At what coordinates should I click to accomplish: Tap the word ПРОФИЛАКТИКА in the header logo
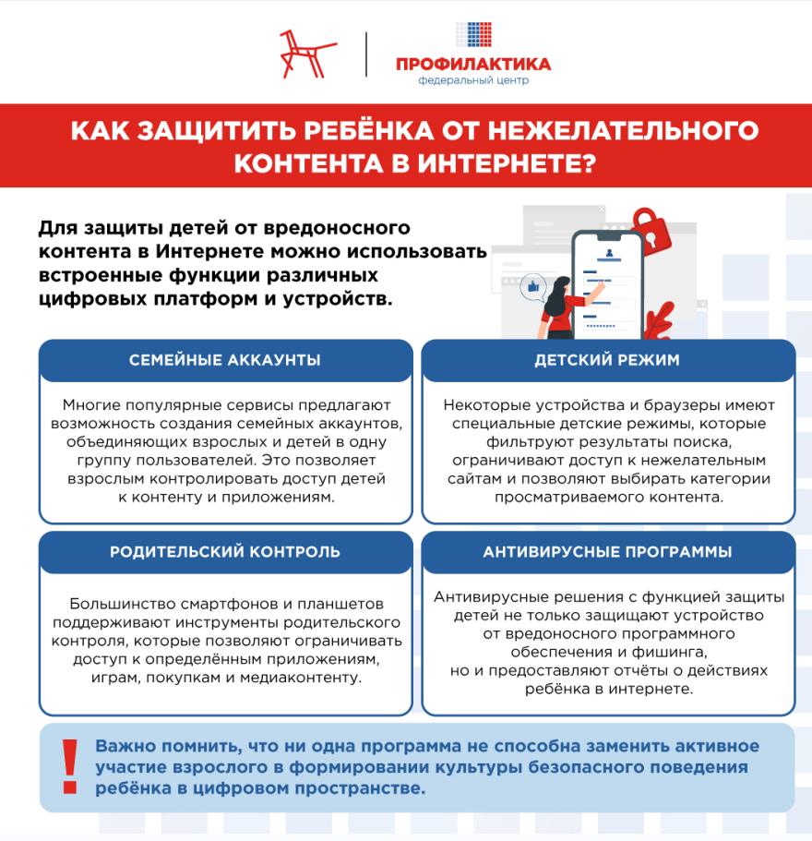tap(472, 64)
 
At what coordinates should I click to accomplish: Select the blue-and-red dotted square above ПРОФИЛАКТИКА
tap(473, 34)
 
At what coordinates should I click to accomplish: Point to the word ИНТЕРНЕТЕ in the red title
tap(503, 162)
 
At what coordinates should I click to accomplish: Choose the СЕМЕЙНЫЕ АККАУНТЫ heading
tap(225, 360)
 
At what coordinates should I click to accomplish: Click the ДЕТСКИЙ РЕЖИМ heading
tap(607, 360)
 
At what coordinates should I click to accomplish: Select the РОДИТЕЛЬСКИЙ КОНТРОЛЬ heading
tap(225, 552)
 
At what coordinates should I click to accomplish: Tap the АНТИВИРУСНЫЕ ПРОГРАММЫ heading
tap(607, 552)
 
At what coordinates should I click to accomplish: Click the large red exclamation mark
tap(69, 765)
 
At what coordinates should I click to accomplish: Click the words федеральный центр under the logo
tap(473, 81)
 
